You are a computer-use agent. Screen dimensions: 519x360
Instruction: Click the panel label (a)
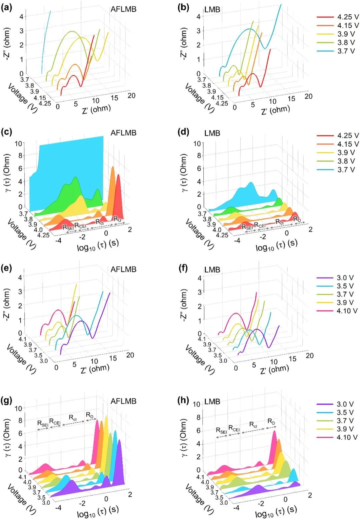point(7,7)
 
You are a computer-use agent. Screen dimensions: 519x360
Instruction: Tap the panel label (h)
point(183,400)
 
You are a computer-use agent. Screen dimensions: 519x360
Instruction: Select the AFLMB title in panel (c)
point(123,133)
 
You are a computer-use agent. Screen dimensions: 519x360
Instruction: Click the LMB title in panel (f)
point(212,270)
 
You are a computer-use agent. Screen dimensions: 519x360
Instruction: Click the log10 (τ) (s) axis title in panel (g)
point(98,511)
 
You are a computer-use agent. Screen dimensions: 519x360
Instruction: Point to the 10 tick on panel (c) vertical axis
point(18,144)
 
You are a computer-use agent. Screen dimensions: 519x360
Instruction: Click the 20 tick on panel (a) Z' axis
point(132,96)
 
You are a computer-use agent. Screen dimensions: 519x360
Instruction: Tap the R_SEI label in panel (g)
point(43,424)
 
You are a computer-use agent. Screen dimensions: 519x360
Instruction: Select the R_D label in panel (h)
point(271,422)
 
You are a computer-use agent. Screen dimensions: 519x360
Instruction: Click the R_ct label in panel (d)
point(280,221)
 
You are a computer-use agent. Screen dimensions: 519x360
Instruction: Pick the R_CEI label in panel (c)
point(80,226)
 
